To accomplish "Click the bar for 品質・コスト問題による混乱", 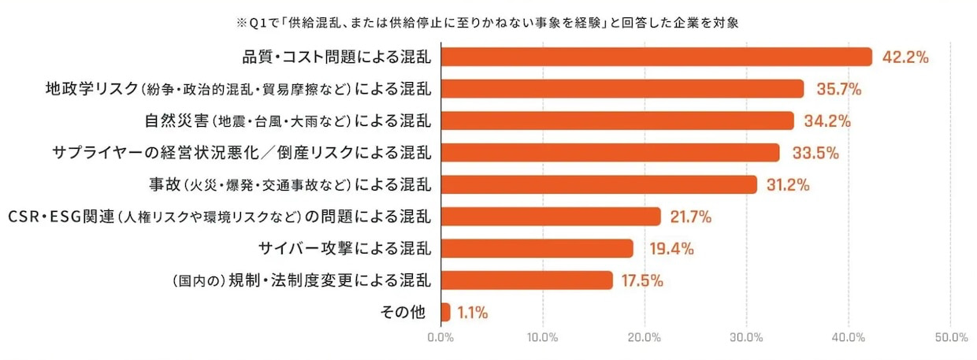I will click(656, 57).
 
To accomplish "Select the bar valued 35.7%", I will click(622, 88).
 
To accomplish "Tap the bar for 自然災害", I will click(617, 121).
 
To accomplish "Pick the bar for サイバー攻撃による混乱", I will click(537, 248).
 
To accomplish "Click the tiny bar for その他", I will click(445, 312).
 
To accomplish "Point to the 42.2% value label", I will click(905, 58).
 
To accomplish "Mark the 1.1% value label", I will click(473, 313).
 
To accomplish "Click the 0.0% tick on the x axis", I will click(440, 337).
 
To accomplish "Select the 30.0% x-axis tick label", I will click(746, 337).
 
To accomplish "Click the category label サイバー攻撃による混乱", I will click(345, 249).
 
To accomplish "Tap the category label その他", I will click(403, 313).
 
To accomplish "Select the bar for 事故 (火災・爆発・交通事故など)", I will click(599, 184).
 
